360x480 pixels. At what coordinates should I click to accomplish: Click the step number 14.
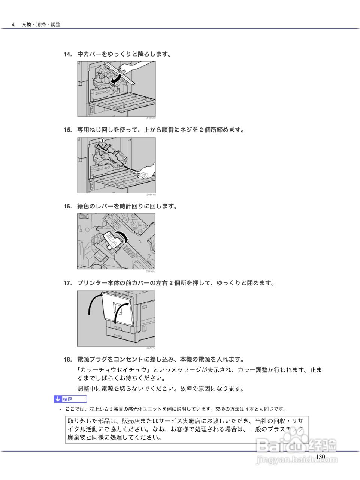(x=67, y=54)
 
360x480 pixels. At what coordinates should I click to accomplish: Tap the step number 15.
(x=67, y=130)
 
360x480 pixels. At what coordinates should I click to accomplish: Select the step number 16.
(x=67, y=207)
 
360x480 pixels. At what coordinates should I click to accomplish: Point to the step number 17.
(x=67, y=283)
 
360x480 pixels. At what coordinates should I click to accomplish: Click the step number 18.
(x=67, y=360)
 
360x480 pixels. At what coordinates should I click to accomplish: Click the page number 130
(x=320, y=457)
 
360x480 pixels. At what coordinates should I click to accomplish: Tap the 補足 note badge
(x=70, y=399)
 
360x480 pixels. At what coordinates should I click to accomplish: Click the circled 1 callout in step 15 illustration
(x=102, y=141)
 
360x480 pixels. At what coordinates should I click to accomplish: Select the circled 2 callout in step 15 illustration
(x=125, y=158)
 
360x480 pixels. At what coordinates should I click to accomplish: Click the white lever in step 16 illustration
(x=112, y=240)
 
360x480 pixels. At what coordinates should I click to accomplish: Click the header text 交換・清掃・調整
(x=41, y=24)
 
